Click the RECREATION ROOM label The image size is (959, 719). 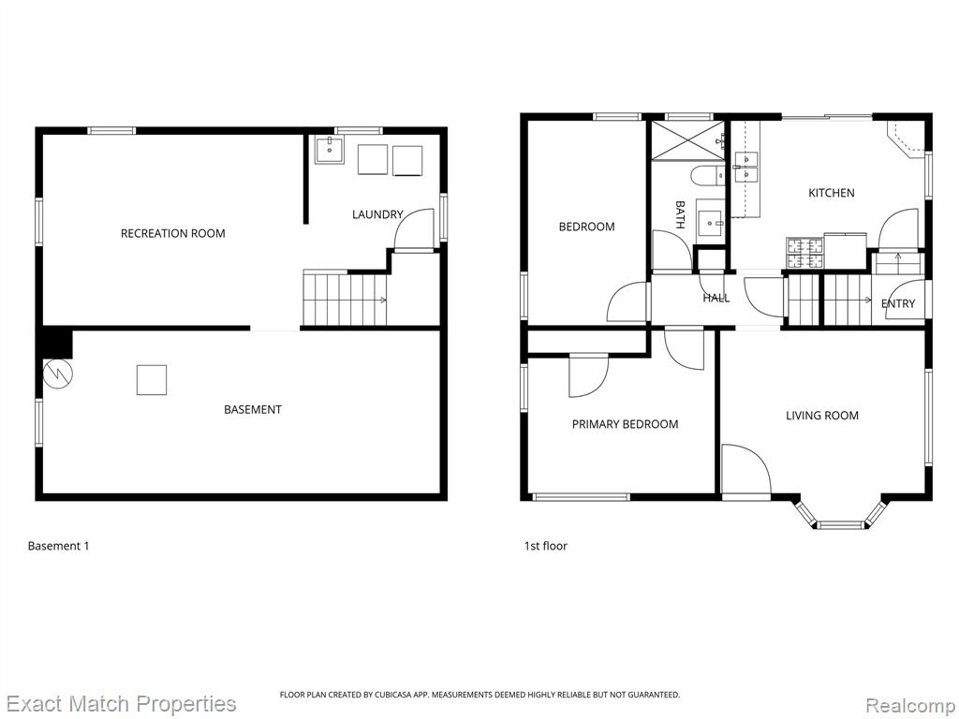pos(172,233)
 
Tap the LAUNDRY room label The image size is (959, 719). pos(377,214)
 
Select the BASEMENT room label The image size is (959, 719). pos(253,410)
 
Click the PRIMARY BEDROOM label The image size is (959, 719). pos(625,424)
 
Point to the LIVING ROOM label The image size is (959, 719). pos(822,416)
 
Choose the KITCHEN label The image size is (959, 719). pos(832,193)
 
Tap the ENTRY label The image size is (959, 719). pos(898,303)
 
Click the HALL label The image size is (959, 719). pos(716,299)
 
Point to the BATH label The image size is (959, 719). pos(680,214)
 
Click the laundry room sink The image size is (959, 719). pos(330,150)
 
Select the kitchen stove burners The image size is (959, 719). pos(804,253)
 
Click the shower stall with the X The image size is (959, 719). pos(688,140)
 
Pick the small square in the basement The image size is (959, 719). pos(152,380)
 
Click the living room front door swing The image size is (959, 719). pos(746,469)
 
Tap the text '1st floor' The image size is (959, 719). pos(546,546)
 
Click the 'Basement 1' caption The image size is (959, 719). pos(59,546)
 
